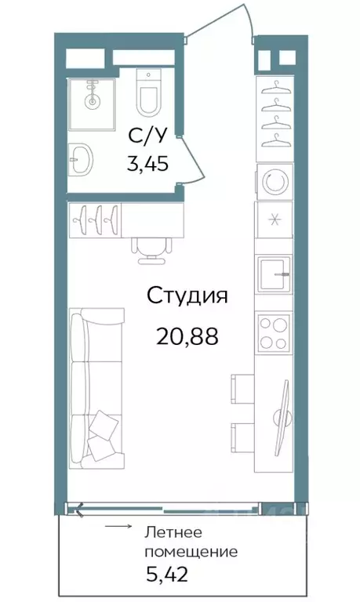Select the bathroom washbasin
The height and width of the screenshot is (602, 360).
[80, 161]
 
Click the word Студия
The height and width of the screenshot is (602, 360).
[187, 297]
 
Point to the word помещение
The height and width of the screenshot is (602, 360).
[191, 551]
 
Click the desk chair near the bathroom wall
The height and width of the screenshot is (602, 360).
[149, 245]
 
